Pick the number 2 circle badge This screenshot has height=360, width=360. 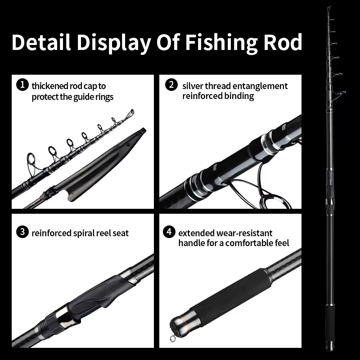coord(171,85)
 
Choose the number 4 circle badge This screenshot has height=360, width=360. coord(169,232)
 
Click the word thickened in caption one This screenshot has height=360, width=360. coord(49,85)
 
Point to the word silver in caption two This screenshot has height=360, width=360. coord(193,85)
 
